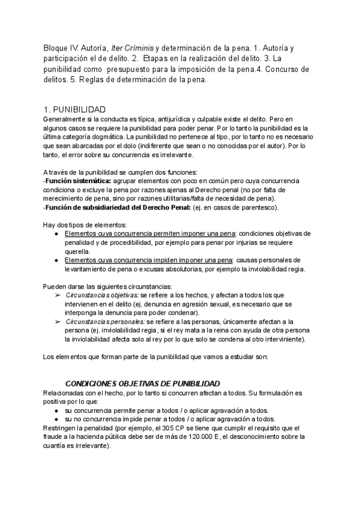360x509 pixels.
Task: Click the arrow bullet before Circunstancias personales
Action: pos(58,322)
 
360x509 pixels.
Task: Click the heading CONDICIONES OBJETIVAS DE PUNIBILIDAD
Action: pos(142,384)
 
